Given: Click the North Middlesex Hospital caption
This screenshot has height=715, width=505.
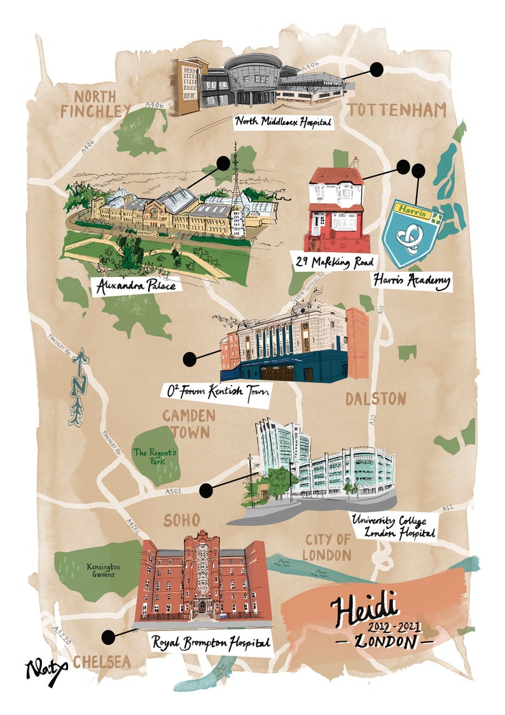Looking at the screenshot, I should [x=284, y=121].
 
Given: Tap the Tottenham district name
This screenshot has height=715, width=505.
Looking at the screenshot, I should [x=397, y=110].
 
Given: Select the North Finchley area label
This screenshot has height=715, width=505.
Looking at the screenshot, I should [x=95, y=104].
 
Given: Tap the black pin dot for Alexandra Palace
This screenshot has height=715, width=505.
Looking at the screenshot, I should [x=223, y=164].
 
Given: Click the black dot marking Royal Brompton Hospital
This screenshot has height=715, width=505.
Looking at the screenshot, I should [x=108, y=636].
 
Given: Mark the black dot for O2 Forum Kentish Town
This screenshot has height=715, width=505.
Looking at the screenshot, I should [x=189, y=360].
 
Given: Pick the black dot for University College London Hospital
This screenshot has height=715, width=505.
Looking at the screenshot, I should [x=205, y=490].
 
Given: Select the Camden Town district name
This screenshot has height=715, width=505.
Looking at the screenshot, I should [x=189, y=424].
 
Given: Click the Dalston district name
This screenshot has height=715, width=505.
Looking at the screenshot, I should [x=375, y=399].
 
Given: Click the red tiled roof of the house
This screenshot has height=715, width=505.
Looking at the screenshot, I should [x=338, y=176].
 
